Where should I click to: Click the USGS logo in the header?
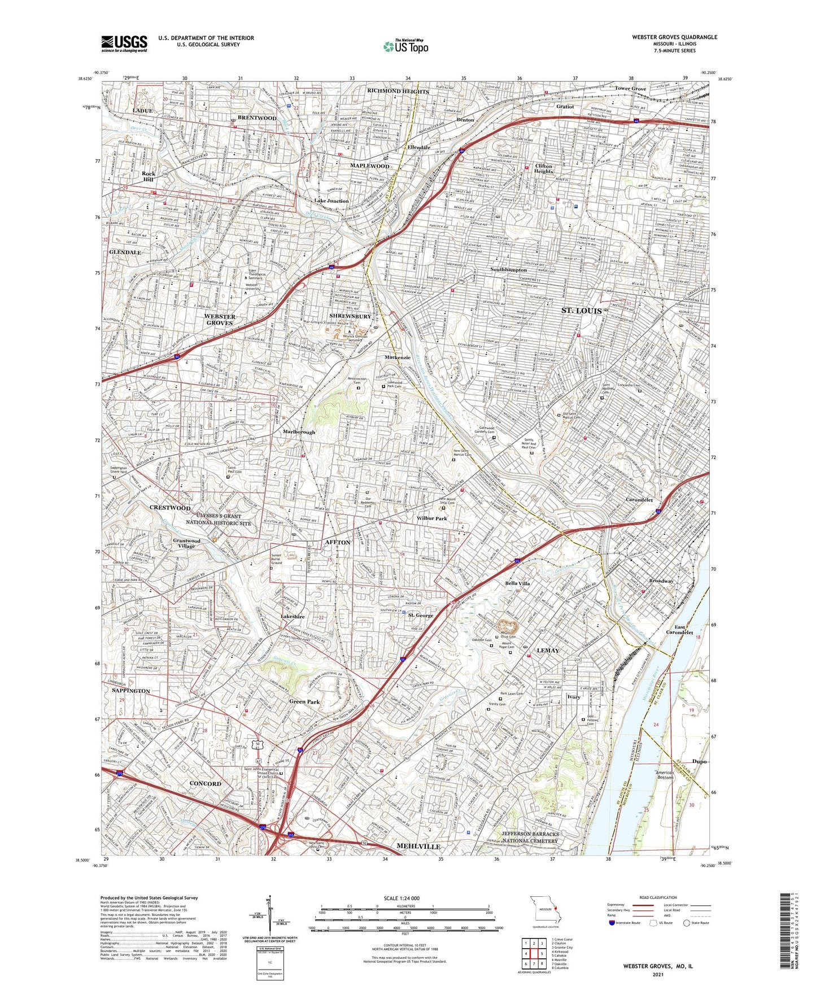(124, 43)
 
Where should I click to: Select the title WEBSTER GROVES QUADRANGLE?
(674, 37)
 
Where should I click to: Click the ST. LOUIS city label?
(581, 311)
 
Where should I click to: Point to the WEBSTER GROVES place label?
(219, 320)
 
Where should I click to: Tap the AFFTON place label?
(338, 542)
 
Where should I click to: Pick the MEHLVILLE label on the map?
(418, 847)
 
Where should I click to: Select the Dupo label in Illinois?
(699, 761)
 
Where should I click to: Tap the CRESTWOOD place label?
(170, 508)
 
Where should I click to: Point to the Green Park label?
(304, 702)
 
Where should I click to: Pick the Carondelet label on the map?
(639, 500)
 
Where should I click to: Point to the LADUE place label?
(142, 111)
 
